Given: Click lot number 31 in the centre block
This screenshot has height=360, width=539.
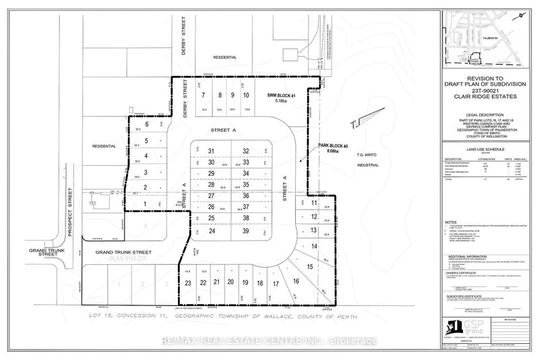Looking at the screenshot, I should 211,151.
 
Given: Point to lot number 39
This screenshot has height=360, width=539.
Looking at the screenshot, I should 247,231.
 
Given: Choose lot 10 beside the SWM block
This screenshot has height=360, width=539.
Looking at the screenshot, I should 246,95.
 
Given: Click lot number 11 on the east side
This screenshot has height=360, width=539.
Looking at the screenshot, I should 314,202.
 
